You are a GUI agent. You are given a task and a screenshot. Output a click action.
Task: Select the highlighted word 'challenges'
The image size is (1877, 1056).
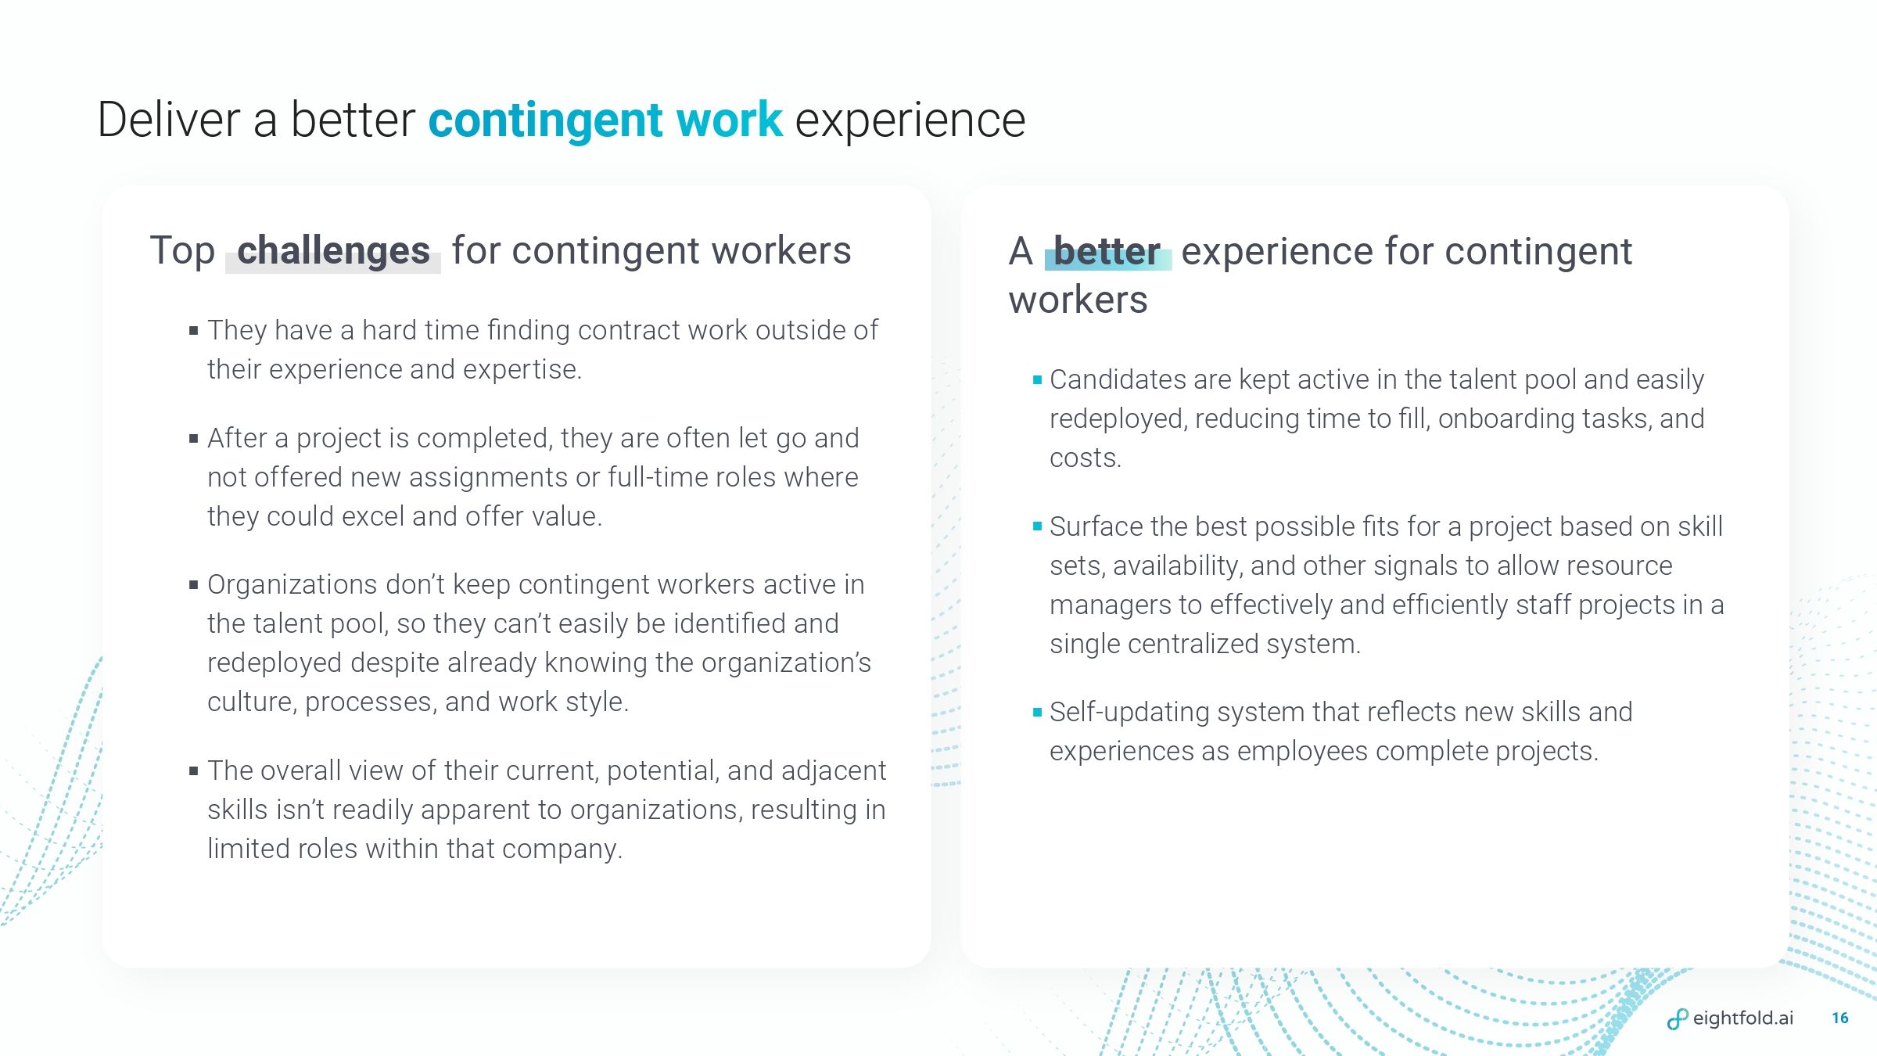333,251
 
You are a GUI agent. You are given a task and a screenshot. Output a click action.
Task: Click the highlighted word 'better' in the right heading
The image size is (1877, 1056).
1107,251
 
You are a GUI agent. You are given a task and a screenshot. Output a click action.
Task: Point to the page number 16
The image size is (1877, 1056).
1840,1018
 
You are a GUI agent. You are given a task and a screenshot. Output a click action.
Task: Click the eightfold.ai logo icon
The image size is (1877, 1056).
1678,1019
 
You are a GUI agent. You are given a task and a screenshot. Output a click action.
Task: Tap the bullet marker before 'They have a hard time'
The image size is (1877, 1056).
193,331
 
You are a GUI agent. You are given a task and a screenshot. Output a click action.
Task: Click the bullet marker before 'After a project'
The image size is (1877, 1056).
193,439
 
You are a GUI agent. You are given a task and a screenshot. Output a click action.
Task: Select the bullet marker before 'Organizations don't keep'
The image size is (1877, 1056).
193,585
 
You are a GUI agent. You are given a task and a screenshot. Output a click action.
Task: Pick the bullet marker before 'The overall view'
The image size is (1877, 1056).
193,771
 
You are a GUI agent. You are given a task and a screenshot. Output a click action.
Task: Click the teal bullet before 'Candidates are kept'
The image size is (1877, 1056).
1037,380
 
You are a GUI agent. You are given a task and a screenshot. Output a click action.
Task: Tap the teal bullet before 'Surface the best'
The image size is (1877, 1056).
1037,527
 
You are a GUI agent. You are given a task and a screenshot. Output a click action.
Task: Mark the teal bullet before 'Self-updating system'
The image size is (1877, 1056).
1037,713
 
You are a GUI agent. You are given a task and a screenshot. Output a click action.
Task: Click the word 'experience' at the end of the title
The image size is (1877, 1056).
910,122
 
